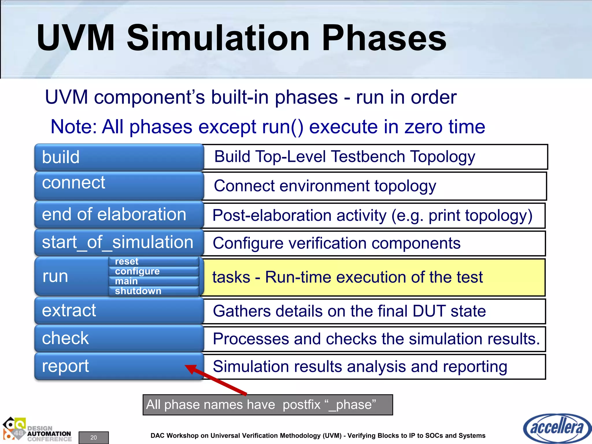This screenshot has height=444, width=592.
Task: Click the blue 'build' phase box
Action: coord(119,157)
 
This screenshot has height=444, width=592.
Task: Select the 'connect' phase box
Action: coord(119,185)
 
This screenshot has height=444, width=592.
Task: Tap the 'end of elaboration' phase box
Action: coord(119,214)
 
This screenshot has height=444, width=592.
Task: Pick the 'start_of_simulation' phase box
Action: coord(119,242)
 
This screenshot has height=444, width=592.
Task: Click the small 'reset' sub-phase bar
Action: coord(153,261)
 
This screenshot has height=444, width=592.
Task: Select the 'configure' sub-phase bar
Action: coord(153,271)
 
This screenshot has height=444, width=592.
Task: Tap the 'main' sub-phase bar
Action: coord(153,281)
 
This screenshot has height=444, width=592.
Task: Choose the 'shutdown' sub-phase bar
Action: coord(153,291)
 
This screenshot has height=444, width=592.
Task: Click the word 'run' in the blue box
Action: coord(55,276)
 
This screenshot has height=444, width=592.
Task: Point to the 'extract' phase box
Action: coord(119,310)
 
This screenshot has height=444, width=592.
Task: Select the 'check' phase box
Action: coord(119,338)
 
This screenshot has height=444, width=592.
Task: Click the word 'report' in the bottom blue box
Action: coord(65,366)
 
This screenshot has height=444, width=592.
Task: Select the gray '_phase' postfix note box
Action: coord(268,405)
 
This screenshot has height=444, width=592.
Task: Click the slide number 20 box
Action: coord(94,437)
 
